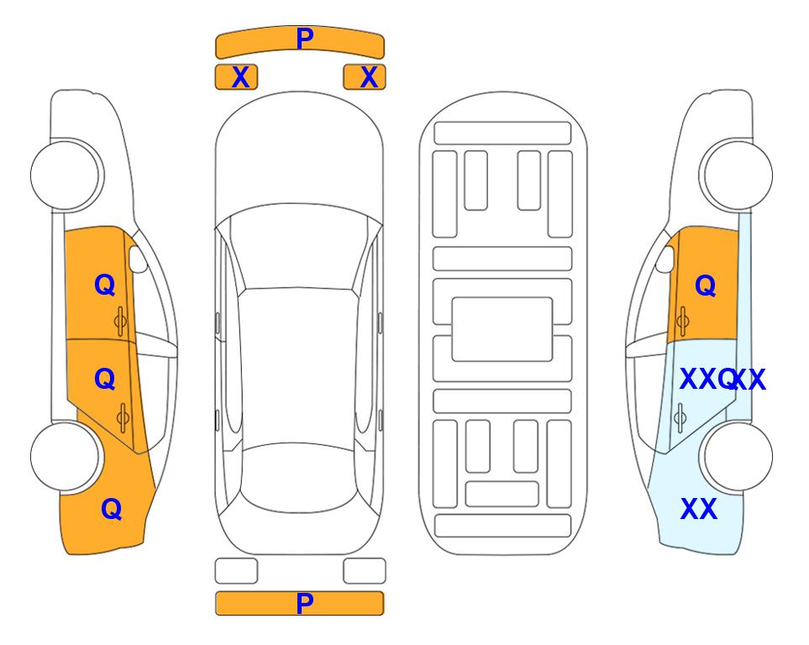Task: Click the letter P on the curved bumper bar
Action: point(305,39)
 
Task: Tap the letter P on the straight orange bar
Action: point(305,603)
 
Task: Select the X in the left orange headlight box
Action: point(241,77)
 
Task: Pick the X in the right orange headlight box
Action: point(369,77)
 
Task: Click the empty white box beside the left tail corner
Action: point(236,571)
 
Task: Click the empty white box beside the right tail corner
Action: point(365,571)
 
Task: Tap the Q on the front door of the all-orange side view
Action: point(105,285)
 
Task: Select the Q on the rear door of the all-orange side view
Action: point(105,379)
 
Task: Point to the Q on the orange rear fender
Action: point(112,509)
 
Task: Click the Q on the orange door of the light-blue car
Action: point(706,286)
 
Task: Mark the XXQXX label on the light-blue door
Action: point(722,380)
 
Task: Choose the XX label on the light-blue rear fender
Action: point(699,509)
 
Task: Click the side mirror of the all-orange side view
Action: point(137,259)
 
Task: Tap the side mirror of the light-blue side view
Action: point(665,259)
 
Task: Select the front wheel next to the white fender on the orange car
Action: point(66,175)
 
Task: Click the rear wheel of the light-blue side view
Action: point(736,456)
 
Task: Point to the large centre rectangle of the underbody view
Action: point(502,329)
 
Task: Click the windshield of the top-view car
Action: point(299,247)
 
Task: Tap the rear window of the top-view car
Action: point(299,478)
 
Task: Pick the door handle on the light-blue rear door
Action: point(680,417)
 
